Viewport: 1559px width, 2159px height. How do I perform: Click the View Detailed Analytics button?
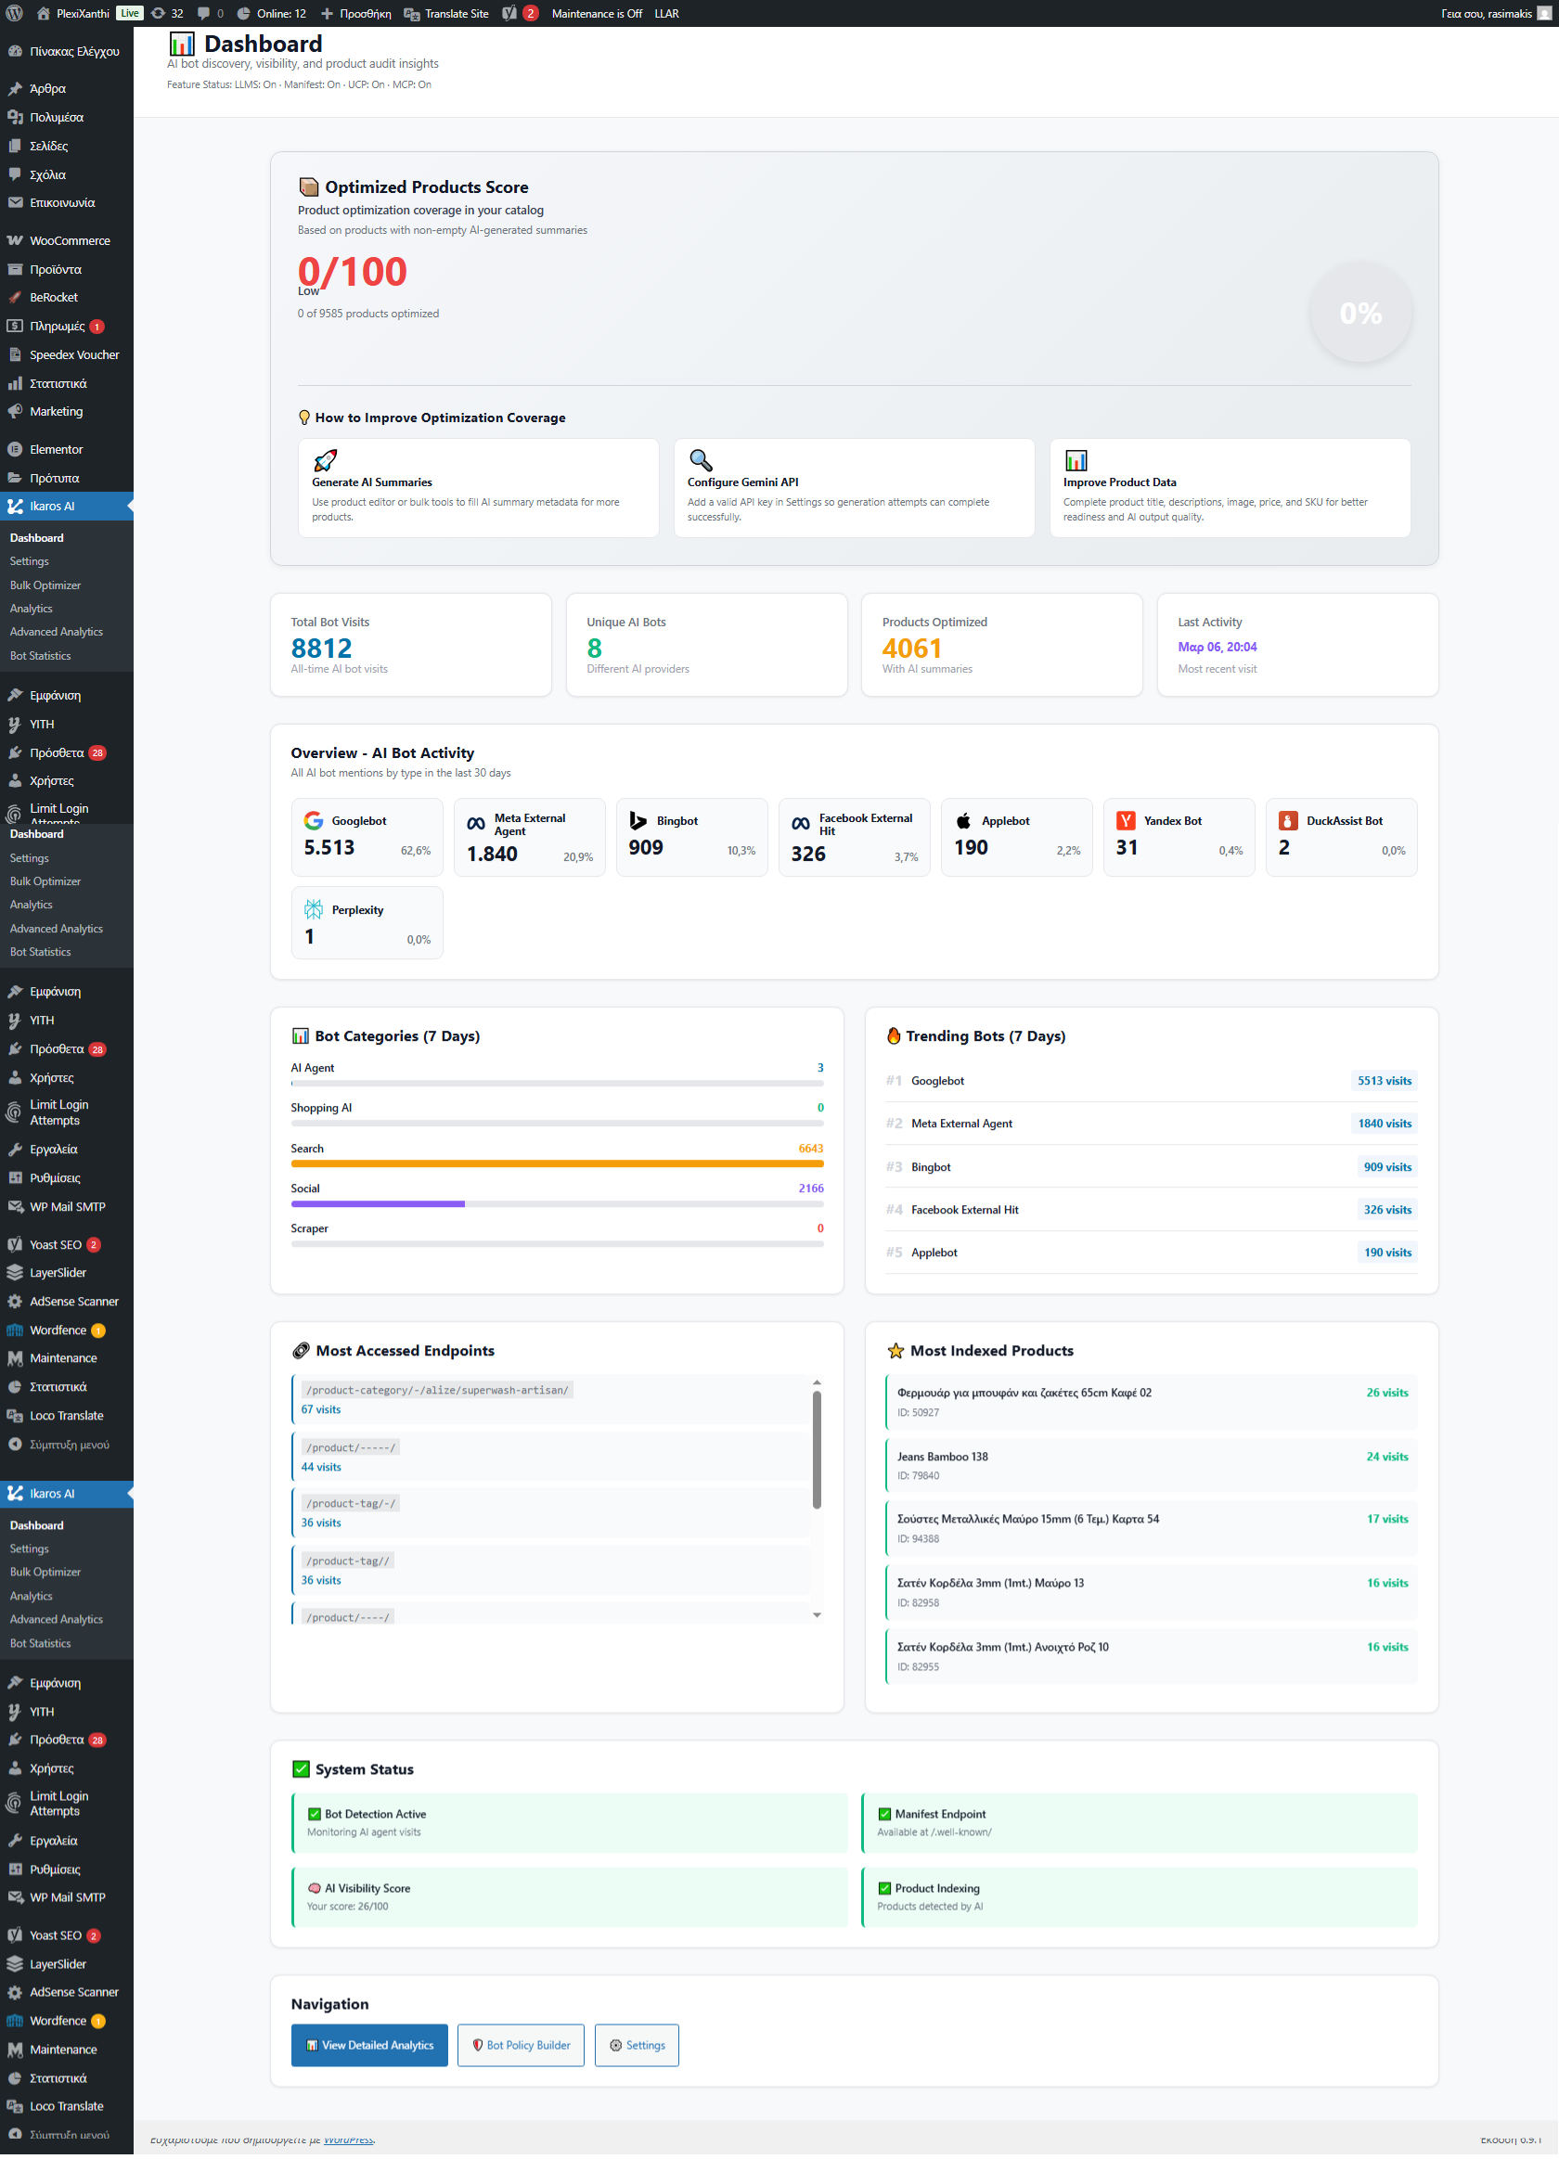[x=369, y=2045]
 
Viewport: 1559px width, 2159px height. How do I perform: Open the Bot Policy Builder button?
[x=521, y=2045]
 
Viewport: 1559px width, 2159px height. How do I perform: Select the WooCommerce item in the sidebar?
[x=69, y=241]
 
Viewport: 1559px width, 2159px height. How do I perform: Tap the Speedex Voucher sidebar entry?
[x=73, y=355]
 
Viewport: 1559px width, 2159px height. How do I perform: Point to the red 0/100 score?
[x=353, y=272]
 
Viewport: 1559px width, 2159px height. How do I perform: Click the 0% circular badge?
[x=1360, y=314]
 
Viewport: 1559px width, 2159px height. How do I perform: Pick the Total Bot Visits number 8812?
[x=321, y=649]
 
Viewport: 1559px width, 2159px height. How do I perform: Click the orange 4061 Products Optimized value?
[x=911, y=649]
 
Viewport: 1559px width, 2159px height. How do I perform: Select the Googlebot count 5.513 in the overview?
[x=329, y=847]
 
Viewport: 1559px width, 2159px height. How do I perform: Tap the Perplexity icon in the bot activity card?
[x=314, y=909]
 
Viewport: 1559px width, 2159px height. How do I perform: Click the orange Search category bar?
[x=557, y=1163]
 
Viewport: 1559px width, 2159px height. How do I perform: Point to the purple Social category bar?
[x=378, y=1203]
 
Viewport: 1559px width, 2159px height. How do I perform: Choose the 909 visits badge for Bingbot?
[x=1386, y=1167]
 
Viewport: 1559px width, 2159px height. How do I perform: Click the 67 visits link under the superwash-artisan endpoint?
[x=321, y=1410]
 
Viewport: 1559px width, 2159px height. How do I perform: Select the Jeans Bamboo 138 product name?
[x=942, y=1457]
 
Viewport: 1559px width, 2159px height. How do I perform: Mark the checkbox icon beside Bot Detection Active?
[x=315, y=1815]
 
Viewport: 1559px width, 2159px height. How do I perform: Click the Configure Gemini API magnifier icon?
[x=701, y=461]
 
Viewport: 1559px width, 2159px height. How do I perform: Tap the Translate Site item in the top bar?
[x=446, y=13]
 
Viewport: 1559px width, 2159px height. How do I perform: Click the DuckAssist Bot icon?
[x=1288, y=820]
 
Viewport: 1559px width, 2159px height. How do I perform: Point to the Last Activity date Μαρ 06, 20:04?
[x=1218, y=648]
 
